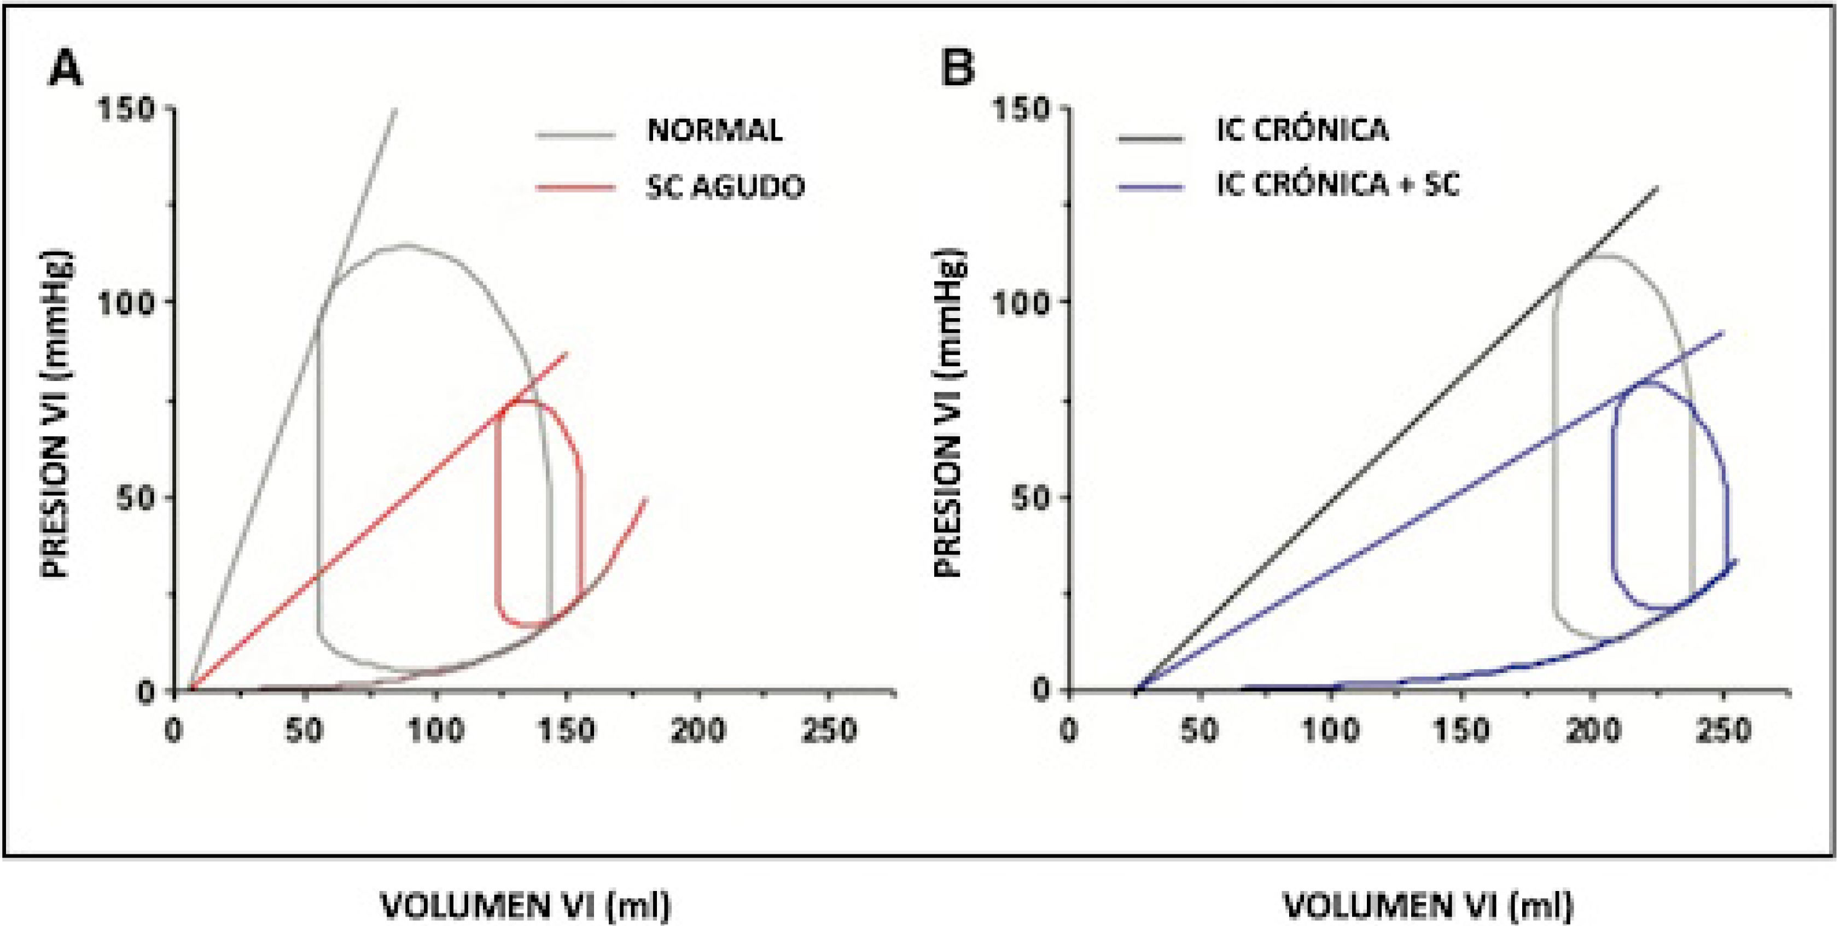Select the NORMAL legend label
[x=714, y=131]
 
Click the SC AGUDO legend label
[x=725, y=187]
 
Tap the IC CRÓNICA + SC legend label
[x=1338, y=185]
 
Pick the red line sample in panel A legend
[x=576, y=188]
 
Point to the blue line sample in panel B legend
[x=1151, y=187]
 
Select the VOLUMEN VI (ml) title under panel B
[x=1429, y=905]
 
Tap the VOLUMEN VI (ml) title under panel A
[x=526, y=905]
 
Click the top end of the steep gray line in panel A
[x=395, y=109]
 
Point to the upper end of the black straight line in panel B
[x=1657, y=188]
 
